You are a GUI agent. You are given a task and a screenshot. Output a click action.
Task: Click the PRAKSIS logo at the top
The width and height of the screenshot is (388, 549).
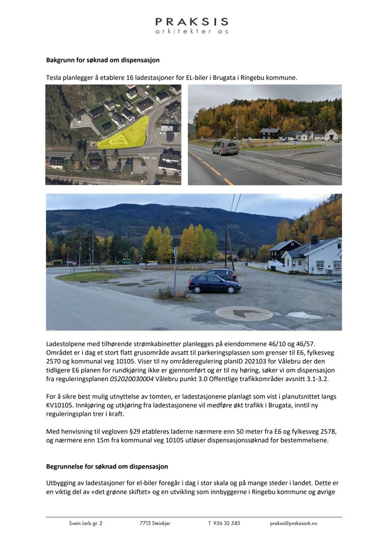point(192,25)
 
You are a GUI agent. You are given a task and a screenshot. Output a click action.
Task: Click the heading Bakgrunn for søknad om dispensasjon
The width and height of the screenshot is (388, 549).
point(103,60)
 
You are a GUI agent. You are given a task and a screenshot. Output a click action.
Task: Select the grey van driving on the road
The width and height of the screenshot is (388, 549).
point(225,147)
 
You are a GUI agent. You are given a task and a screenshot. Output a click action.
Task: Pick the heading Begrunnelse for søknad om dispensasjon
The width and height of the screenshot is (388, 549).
point(107,466)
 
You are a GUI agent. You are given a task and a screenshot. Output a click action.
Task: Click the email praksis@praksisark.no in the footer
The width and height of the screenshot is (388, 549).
point(293,523)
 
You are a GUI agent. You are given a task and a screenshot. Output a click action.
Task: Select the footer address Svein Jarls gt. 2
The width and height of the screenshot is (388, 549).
point(85,523)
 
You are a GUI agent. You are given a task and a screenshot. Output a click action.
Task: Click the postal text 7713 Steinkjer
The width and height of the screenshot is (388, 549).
point(155,523)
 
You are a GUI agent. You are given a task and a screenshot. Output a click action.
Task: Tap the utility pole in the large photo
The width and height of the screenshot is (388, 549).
point(227,244)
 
